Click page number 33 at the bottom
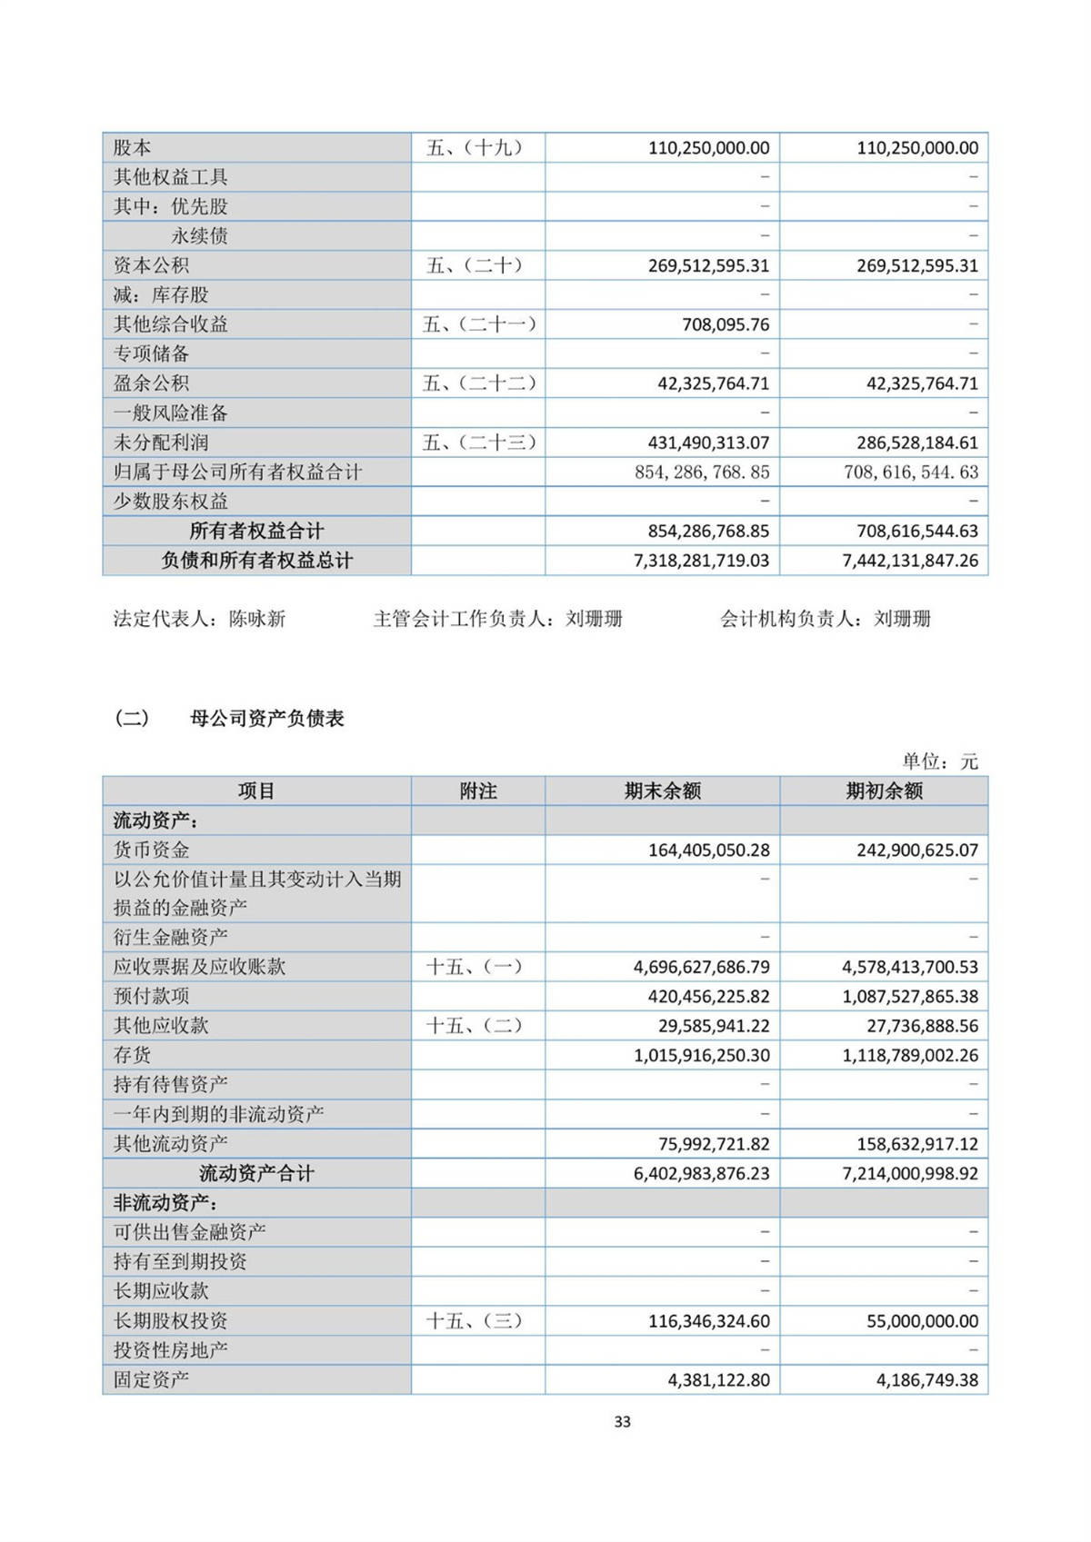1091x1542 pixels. (x=622, y=1421)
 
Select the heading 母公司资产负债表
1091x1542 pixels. (x=266, y=719)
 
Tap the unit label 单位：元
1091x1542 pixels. (x=940, y=761)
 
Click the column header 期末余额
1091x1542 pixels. (x=662, y=791)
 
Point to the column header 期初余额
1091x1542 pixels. (x=884, y=791)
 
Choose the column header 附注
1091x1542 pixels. (x=478, y=791)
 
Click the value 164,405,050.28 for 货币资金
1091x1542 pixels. (x=708, y=851)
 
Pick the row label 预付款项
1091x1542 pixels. (x=152, y=997)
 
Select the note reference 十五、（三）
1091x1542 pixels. (x=475, y=1320)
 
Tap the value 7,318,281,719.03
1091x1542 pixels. (x=701, y=561)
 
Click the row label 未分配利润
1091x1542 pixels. (x=161, y=443)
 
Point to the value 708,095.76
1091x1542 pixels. (x=726, y=324)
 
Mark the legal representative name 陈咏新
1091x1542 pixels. (x=257, y=620)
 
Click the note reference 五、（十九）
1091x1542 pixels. (x=475, y=147)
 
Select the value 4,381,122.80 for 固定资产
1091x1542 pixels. (x=718, y=1379)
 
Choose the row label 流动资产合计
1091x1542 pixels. (x=256, y=1173)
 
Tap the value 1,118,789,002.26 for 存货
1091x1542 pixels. (x=910, y=1055)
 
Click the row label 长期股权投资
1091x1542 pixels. (x=170, y=1320)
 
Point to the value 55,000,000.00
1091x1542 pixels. (x=922, y=1320)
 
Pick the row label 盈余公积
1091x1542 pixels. (x=152, y=383)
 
